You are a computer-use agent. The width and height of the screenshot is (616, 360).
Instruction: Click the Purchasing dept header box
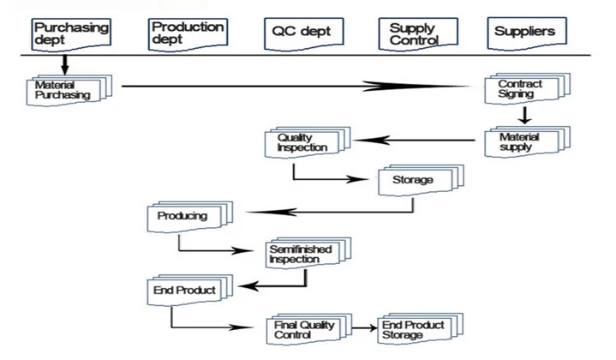72,33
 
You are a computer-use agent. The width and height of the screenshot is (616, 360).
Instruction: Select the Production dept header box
188,33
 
